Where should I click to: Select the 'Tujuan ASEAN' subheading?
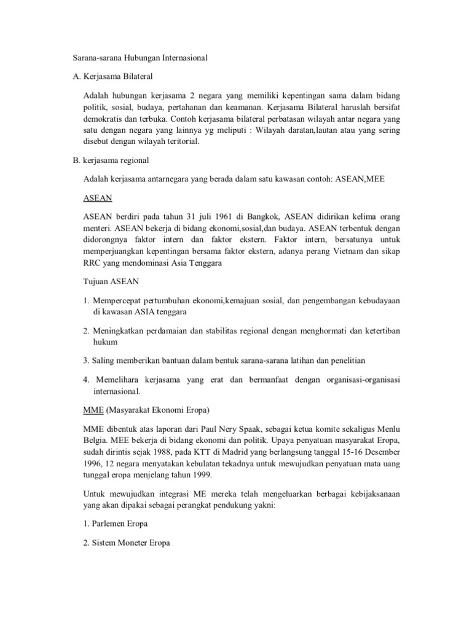click(x=111, y=282)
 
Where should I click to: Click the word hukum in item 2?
click(x=104, y=341)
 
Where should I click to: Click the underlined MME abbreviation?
click(x=92, y=409)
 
